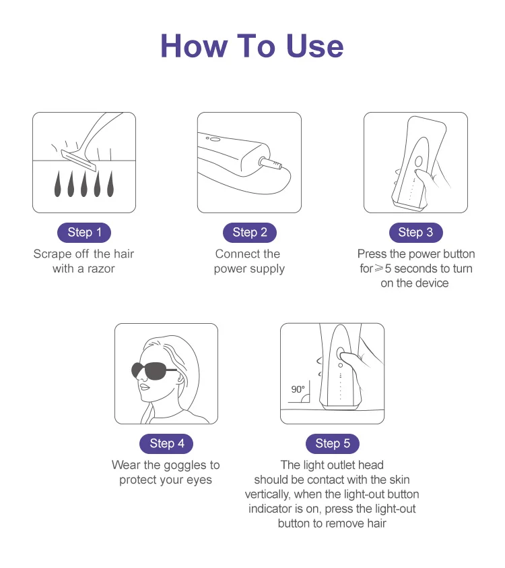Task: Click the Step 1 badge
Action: click(x=84, y=233)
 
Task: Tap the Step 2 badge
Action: click(x=249, y=233)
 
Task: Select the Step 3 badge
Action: click(x=415, y=233)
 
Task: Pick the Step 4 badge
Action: click(x=166, y=443)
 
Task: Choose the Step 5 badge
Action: click(x=333, y=443)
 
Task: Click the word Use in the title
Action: click(x=314, y=46)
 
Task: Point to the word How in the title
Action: click(x=194, y=46)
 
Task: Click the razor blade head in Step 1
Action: click(x=79, y=161)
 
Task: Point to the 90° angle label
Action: click(x=298, y=389)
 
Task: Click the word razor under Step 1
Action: click(x=101, y=268)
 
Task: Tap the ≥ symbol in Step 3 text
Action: click(x=379, y=268)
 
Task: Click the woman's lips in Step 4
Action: click(x=144, y=387)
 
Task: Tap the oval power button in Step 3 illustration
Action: click(x=419, y=161)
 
